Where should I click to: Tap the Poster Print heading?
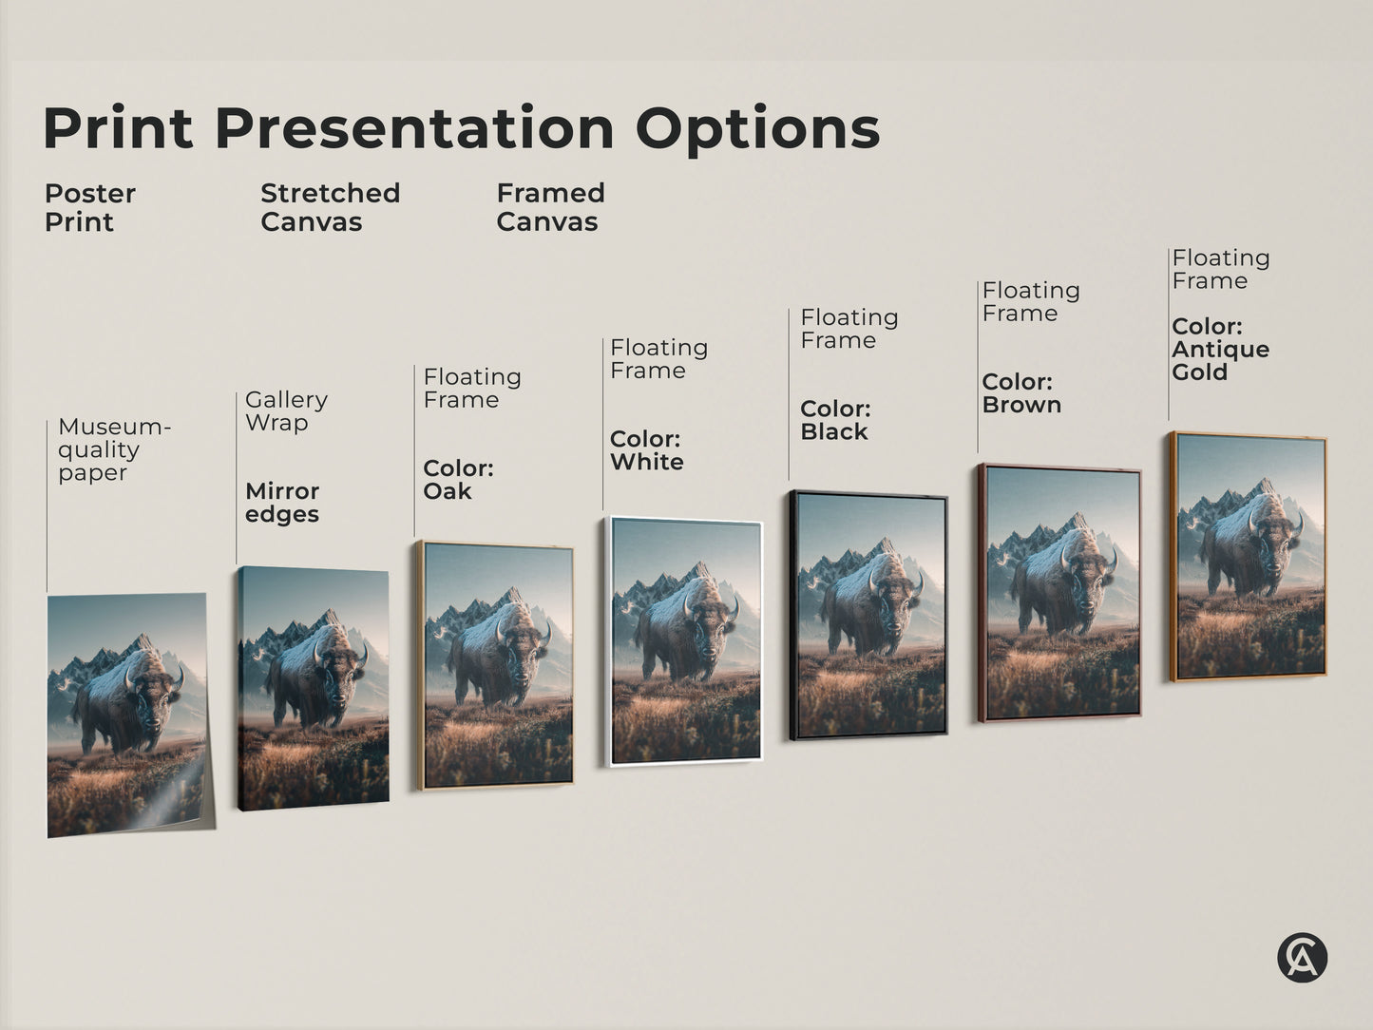coord(90,207)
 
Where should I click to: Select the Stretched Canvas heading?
coord(330,207)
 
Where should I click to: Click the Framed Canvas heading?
coord(550,207)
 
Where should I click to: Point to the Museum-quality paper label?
coord(113,449)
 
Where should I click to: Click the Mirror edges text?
coord(282,503)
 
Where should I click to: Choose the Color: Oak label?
coord(458,479)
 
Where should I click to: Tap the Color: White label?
coord(646,450)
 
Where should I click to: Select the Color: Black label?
coord(835,420)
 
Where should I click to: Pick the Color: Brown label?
coord(1020,392)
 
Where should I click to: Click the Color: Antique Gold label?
coord(1220,349)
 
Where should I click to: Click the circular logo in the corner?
coord(1302,957)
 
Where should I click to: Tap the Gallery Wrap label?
coord(286,410)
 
